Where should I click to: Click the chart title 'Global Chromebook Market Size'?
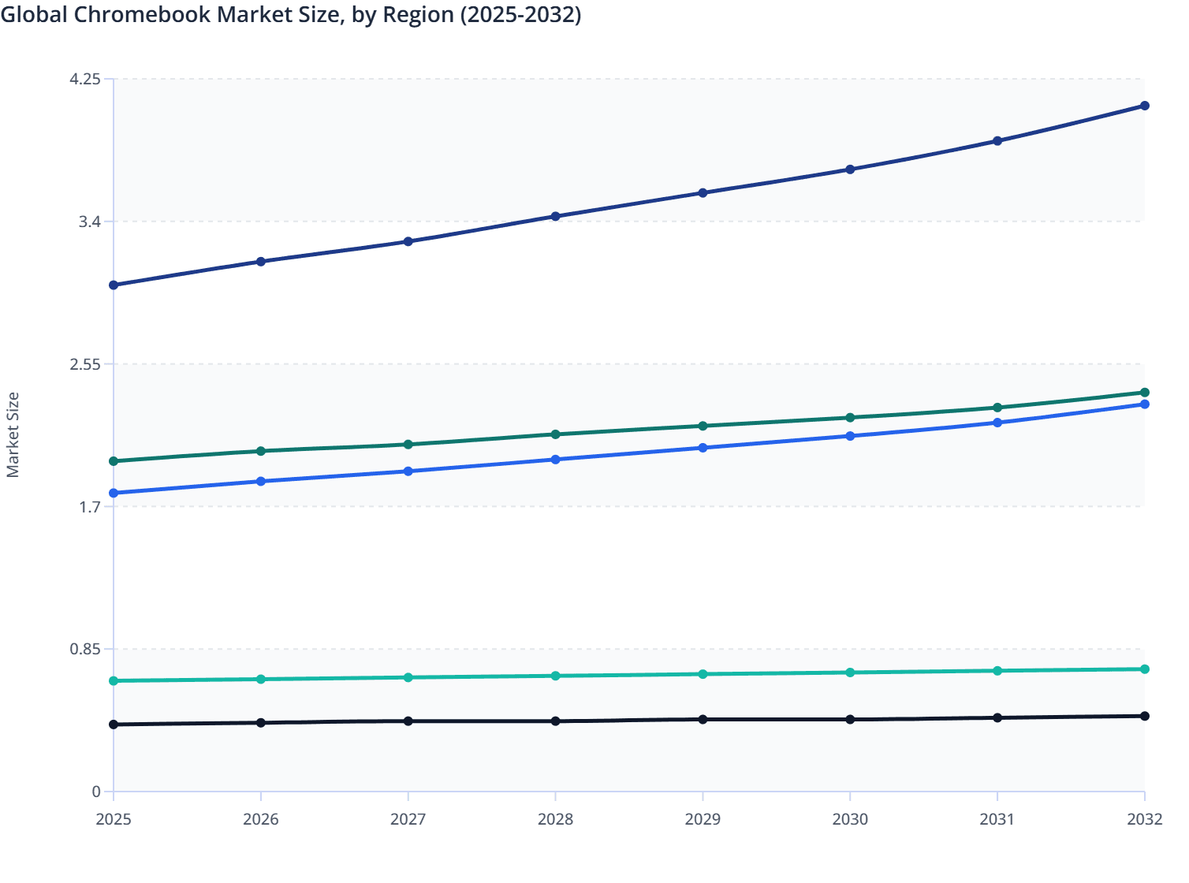pos(290,15)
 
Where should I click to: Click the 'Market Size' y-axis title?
pos(13,435)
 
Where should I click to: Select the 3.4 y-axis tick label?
pos(90,222)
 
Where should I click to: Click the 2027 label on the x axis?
pos(408,819)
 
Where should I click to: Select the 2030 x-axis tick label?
pos(850,819)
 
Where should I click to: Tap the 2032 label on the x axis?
pos(1144,819)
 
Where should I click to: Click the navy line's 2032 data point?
pos(1145,106)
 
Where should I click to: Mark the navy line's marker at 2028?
pos(555,216)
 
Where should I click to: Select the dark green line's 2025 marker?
pos(114,461)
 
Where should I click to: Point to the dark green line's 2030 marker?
pos(850,418)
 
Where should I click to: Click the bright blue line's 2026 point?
pos(261,481)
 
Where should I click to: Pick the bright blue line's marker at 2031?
pos(997,423)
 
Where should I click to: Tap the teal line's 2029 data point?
pos(703,674)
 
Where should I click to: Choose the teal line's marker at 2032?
pos(1145,669)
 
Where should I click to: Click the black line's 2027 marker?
pos(408,721)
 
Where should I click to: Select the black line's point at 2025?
pos(114,725)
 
